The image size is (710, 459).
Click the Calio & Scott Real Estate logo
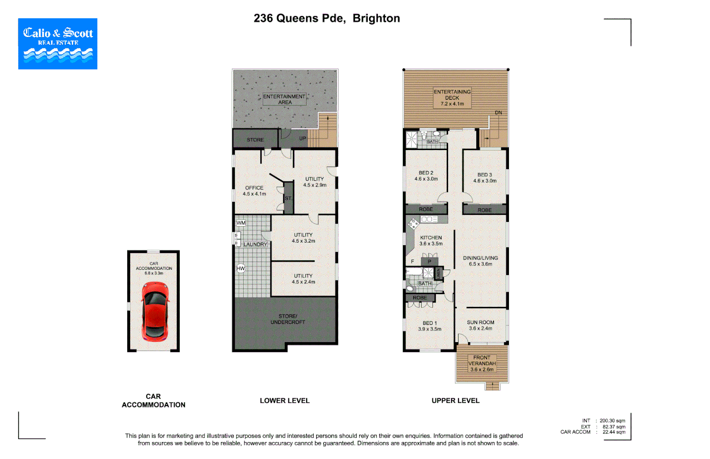pos(58,43)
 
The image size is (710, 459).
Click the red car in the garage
pos(155,311)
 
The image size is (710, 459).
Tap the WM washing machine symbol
pos(241,223)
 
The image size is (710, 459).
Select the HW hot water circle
pos(241,268)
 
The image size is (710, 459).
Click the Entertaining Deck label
pos(452,98)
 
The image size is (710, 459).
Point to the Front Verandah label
pos(482,363)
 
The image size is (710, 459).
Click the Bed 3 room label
pos(485,178)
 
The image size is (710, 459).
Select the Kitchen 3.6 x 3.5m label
pos(431,241)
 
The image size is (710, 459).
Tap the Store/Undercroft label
pos(288,319)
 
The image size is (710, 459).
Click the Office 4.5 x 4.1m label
pos(254,191)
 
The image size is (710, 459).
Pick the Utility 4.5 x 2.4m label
pos(304,279)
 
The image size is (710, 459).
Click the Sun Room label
pos(480,325)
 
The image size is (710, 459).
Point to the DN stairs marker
pos(498,113)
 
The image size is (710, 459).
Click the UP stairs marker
pos(302,139)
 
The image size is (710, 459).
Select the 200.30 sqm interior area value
pos(612,421)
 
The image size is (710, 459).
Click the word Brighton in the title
pos(376,18)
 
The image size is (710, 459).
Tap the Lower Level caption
pos(284,400)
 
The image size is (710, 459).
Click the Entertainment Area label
pos(284,99)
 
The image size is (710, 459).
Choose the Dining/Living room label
pos(480,261)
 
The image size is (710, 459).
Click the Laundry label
pos(255,244)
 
